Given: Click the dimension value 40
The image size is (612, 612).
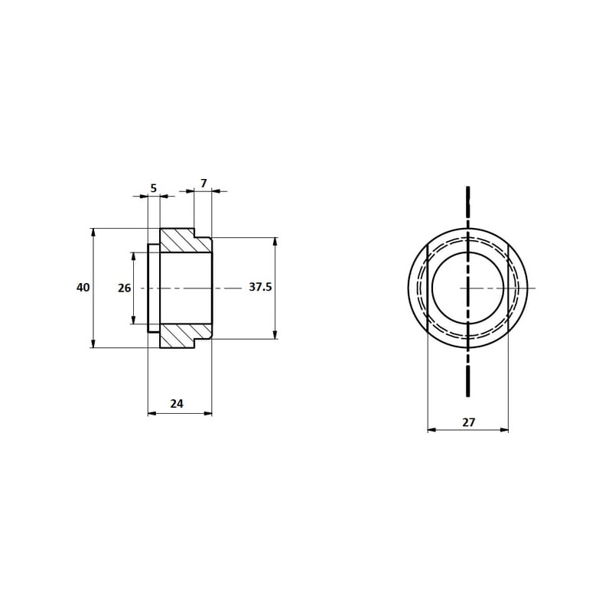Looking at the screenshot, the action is point(83,288).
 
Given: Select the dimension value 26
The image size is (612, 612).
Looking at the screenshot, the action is point(125,288).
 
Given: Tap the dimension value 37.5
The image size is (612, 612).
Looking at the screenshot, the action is point(260,288).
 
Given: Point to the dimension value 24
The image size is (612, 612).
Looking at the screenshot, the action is point(177,404).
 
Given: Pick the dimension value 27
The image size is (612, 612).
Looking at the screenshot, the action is point(468,422).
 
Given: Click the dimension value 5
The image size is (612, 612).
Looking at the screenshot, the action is point(154,188).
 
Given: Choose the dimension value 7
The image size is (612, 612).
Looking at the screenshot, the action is point(203,183).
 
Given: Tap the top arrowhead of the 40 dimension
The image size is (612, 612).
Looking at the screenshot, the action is point(93,232).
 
